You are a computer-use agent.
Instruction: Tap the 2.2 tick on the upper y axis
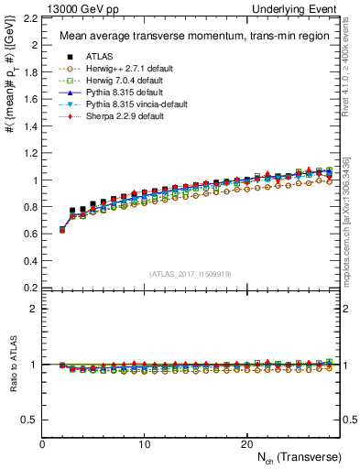tap(30, 17)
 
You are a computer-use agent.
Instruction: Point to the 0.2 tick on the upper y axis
tap(30, 288)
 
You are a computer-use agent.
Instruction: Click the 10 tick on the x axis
tap(145, 444)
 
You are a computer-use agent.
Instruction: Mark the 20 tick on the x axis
tap(246, 444)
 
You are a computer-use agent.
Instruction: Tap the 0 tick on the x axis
tap(43, 444)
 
